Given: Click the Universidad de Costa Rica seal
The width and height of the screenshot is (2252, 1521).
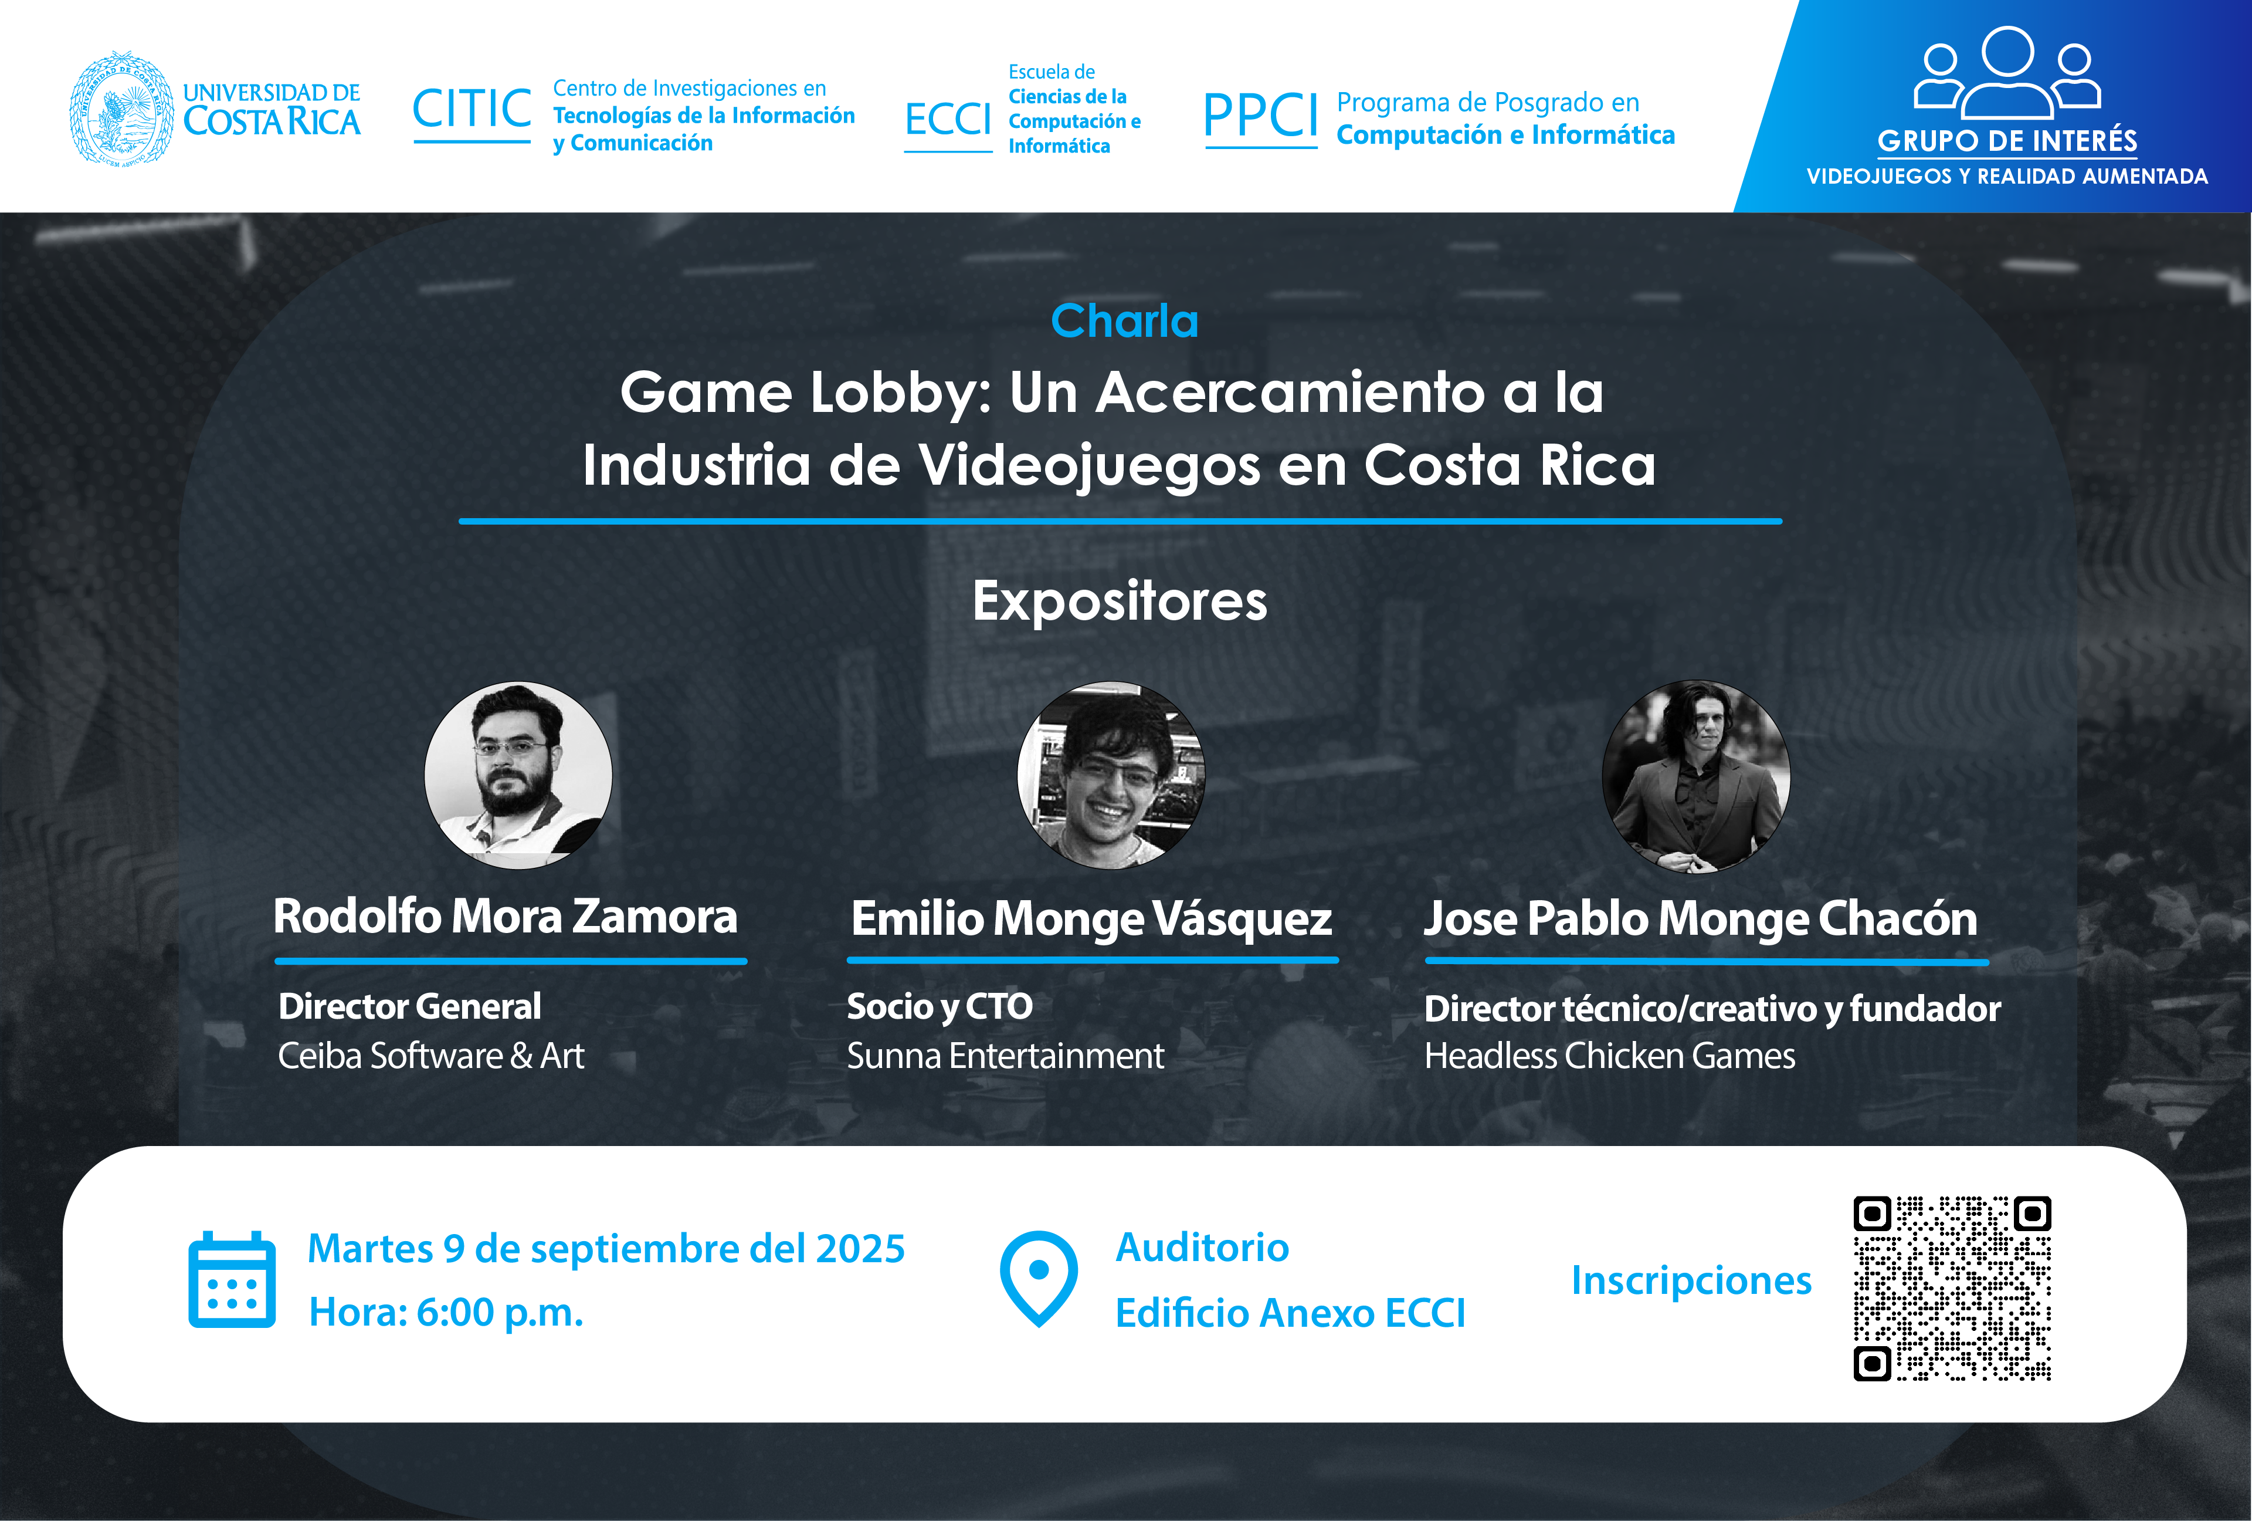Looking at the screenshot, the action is tap(122, 107).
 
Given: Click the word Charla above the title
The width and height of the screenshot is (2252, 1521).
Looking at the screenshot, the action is tap(1125, 321).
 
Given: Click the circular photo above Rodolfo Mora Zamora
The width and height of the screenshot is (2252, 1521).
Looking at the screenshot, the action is tap(518, 775).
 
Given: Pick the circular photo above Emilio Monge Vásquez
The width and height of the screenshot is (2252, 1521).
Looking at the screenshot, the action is tap(1111, 775).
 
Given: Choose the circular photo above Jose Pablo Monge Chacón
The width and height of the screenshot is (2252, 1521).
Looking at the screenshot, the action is tap(1696, 775).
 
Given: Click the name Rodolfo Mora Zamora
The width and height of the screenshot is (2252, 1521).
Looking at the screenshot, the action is tap(505, 916).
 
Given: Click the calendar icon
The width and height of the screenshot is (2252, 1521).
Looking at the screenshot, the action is tap(232, 1280).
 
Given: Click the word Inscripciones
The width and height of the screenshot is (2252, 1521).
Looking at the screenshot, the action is tap(1691, 1280).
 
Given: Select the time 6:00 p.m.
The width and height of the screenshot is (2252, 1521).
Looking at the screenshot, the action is tap(500, 1313).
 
